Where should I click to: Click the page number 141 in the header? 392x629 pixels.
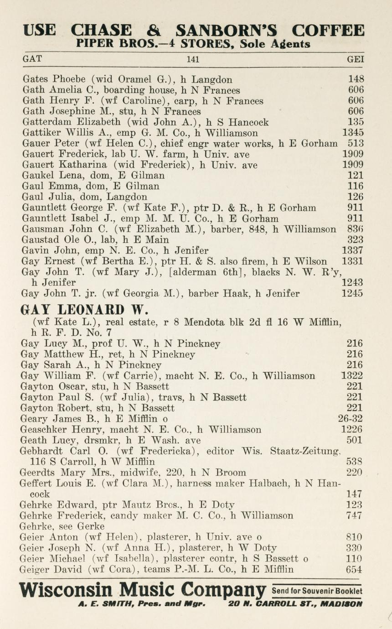click(193, 59)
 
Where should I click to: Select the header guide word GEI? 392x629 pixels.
click(356, 59)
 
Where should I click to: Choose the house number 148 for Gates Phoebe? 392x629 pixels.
click(356, 79)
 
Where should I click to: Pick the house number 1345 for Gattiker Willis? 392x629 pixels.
click(353, 133)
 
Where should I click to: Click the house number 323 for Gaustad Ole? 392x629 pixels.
click(356, 240)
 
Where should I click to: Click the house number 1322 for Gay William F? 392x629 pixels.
click(352, 376)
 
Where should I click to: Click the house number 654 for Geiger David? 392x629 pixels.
click(354, 569)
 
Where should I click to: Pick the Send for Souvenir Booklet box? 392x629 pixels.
click(316, 591)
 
